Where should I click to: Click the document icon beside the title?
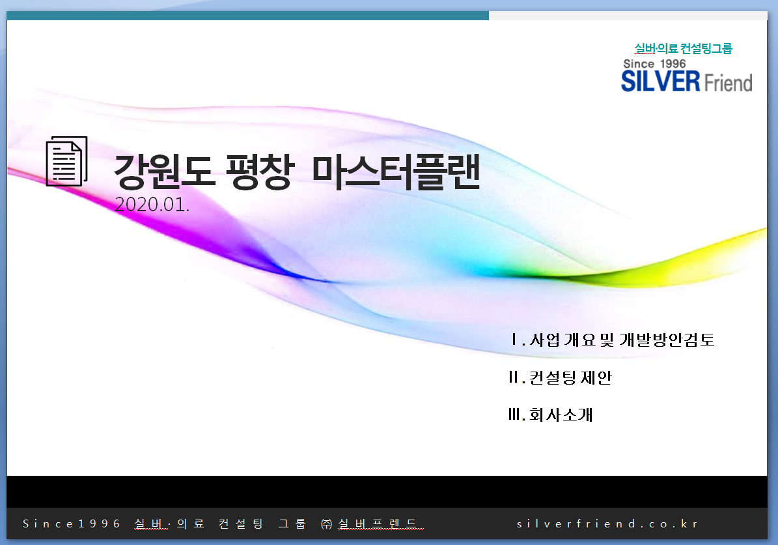click(x=66, y=162)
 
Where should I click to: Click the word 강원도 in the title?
click(x=162, y=172)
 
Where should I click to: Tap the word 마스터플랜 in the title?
click(x=396, y=172)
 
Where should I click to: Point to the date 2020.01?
click(x=152, y=205)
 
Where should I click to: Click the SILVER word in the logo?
click(x=660, y=81)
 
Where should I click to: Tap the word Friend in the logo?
click(x=728, y=83)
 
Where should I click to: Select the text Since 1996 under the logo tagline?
click(x=654, y=64)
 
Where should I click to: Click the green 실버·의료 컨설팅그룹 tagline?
click(x=683, y=48)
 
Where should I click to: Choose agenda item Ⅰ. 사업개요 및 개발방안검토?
click(x=613, y=340)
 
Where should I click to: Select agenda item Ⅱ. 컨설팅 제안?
click(x=560, y=377)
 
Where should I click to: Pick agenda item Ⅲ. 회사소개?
click(x=551, y=415)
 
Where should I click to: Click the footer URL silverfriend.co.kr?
click(x=607, y=523)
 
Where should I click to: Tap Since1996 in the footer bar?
click(x=72, y=523)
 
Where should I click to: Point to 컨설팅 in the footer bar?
click(x=241, y=523)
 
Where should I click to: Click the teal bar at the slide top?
click(x=247, y=16)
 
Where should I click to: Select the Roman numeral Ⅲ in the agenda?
click(x=514, y=415)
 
